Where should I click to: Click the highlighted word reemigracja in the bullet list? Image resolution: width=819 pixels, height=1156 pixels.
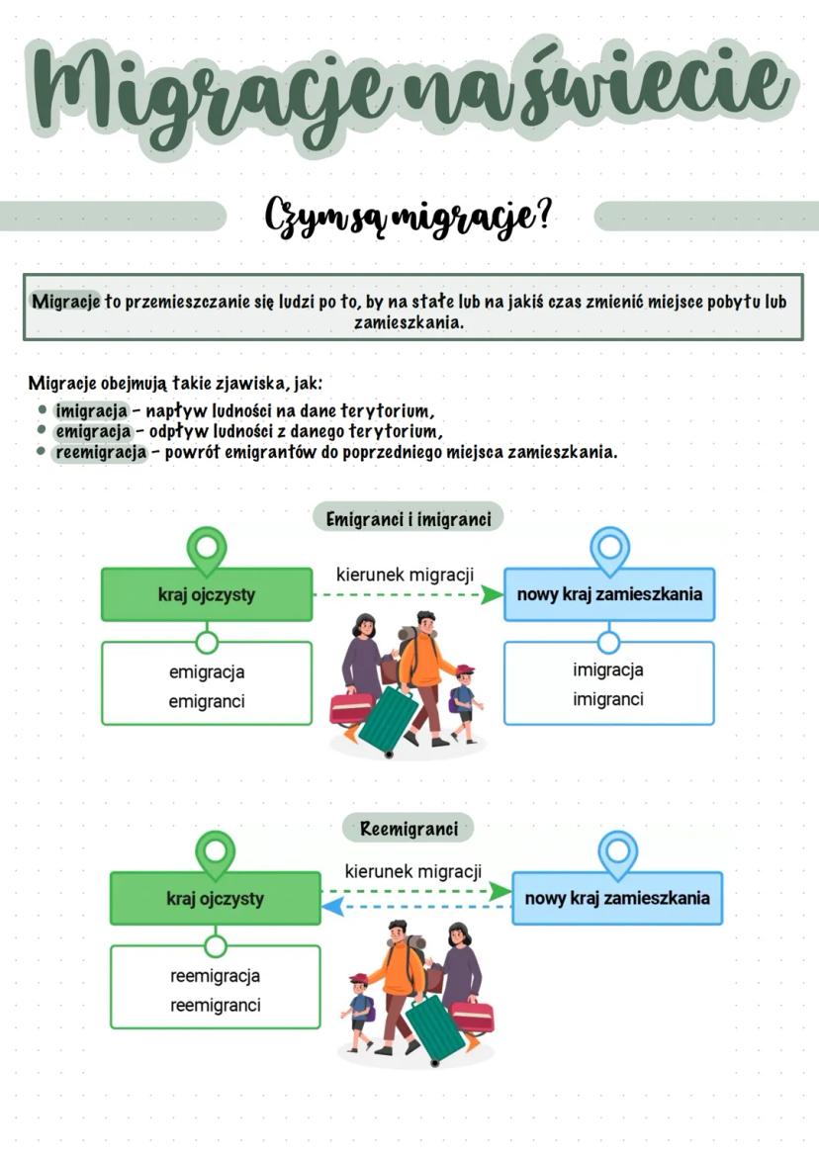(101, 452)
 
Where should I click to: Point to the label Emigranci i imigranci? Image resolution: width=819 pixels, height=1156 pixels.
(409, 517)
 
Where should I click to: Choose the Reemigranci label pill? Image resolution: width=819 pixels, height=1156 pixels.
(409, 829)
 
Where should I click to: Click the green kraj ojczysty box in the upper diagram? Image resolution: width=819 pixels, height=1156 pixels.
(207, 594)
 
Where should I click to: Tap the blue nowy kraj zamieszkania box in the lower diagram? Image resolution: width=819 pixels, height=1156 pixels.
(617, 899)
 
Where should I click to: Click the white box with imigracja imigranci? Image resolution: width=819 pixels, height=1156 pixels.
(608, 684)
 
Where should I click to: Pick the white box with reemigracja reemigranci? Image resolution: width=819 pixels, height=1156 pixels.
(216, 990)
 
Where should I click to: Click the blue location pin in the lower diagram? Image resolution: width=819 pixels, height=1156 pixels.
(618, 852)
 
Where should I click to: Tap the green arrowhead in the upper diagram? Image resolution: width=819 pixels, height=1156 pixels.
(492, 594)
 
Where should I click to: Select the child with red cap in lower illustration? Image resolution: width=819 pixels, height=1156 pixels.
(359, 1009)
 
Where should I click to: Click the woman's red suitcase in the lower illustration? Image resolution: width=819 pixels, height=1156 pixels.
(471, 1016)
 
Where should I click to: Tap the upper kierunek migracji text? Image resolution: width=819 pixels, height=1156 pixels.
(405, 575)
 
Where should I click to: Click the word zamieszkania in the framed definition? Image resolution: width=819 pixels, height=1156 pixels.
(409, 323)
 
